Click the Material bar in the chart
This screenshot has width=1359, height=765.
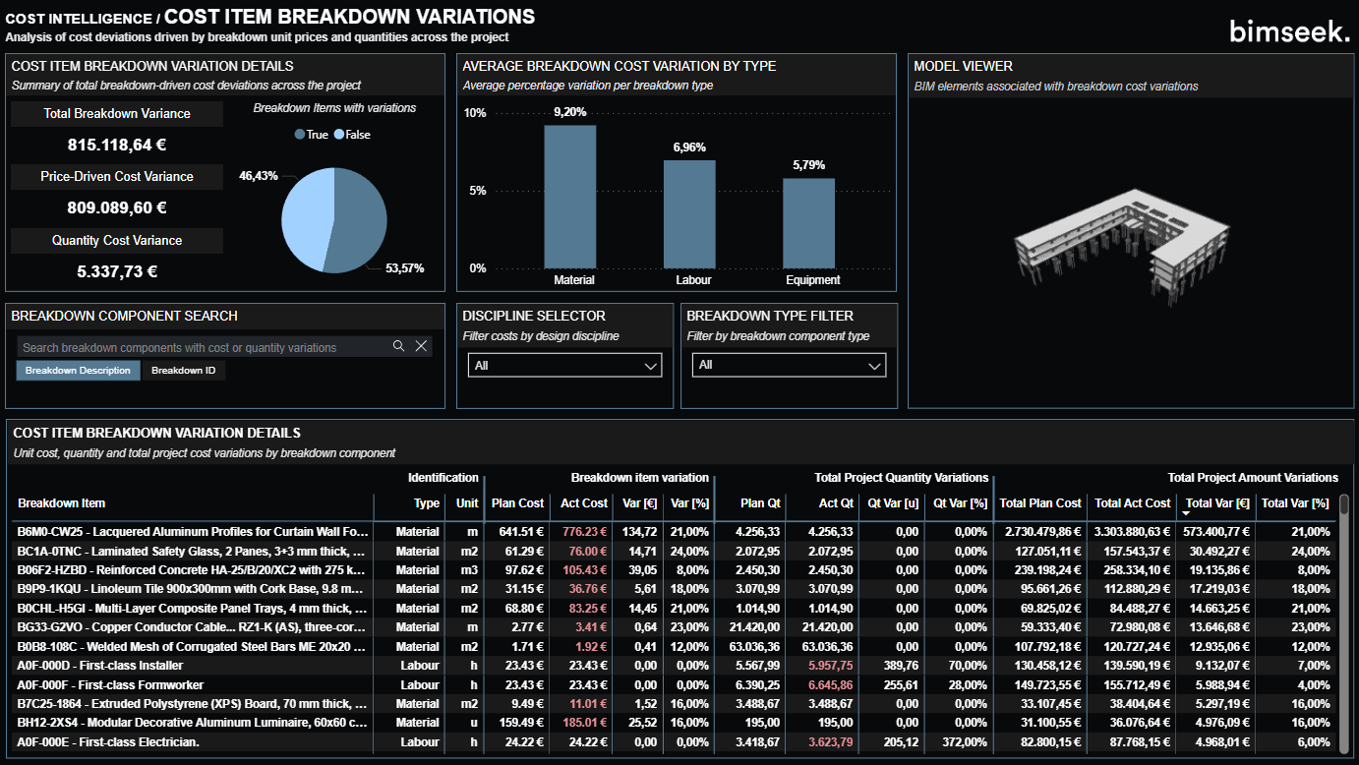(569, 197)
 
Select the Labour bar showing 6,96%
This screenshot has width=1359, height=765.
(688, 213)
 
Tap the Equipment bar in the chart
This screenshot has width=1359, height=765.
(808, 222)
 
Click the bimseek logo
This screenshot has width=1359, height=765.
(1289, 31)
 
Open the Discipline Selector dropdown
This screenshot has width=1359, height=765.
(564, 366)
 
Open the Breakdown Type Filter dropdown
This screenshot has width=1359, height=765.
(788, 366)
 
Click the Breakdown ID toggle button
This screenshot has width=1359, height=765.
(183, 371)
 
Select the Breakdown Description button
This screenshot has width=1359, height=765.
(78, 371)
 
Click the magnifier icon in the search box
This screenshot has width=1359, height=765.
(398, 346)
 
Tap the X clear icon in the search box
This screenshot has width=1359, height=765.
(421, 346)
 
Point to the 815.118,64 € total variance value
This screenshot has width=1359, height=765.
(117, 145)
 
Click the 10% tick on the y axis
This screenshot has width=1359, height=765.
(475, 113)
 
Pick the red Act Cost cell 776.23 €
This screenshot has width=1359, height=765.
(584, 531)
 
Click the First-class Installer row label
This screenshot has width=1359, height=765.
(100, 666)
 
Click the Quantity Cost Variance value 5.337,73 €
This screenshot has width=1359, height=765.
(117, 271)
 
